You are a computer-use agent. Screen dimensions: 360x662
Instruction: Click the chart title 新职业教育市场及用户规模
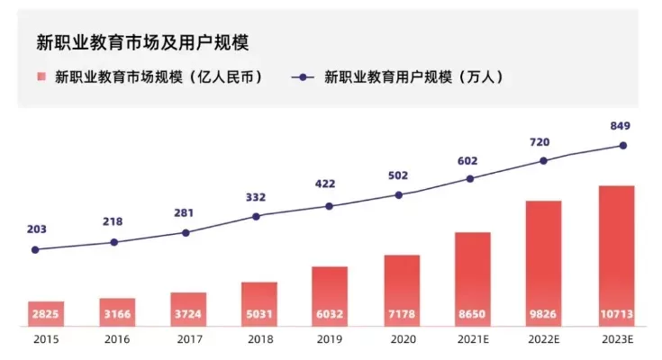[142, 42]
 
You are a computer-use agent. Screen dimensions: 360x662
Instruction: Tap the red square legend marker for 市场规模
[41, 76]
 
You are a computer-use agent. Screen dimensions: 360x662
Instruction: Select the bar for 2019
[330, 296]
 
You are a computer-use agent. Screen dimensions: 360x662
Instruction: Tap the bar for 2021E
[472, 279]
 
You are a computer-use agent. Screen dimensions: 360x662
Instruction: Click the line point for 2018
[256, 216]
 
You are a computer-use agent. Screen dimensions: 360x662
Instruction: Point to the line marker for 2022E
[543, 161]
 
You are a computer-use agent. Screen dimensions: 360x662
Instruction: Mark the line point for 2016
[113, 242]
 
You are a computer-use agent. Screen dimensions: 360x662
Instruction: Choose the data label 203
[37, 229]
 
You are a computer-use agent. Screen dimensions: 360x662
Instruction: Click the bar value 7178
[402, 316]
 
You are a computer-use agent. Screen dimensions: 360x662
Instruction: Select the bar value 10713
[617, 316]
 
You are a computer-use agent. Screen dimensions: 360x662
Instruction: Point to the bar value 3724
[187, 316]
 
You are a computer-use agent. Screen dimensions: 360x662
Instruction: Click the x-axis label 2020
[401, 340]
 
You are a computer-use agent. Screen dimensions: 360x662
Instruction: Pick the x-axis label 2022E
[543, 340]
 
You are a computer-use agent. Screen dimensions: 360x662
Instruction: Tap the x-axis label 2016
[117, 340]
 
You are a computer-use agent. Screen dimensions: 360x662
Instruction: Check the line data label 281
[186, 212]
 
